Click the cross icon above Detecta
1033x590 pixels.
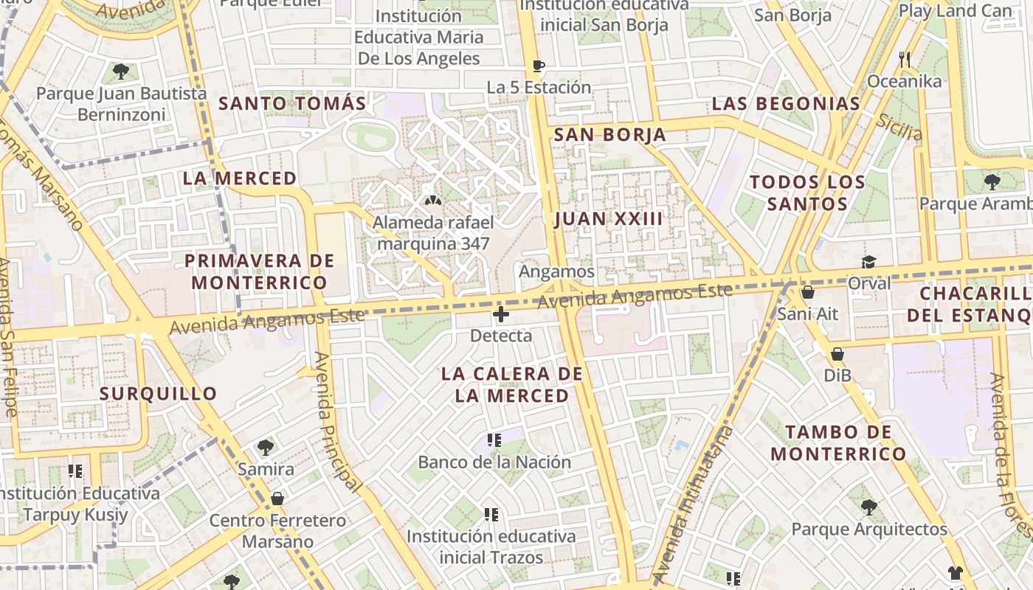501,315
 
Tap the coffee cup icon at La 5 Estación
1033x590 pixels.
539,66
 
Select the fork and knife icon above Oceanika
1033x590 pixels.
905,59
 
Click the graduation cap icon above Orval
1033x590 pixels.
869,263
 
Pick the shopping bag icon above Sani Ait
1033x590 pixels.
808,292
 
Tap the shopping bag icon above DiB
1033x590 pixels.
837,354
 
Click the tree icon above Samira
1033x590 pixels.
266,447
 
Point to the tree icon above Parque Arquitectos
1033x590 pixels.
869,507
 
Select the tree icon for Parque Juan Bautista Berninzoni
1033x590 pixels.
121,72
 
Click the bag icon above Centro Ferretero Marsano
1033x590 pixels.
277,499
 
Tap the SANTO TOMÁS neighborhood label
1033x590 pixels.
292,104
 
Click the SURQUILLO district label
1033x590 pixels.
158,394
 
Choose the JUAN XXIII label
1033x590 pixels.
608,219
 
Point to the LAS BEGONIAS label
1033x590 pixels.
786,104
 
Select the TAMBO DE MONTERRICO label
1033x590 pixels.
838,442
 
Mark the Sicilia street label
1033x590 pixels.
899,128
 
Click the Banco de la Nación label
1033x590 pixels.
494,462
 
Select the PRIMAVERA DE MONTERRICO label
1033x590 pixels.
259,271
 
